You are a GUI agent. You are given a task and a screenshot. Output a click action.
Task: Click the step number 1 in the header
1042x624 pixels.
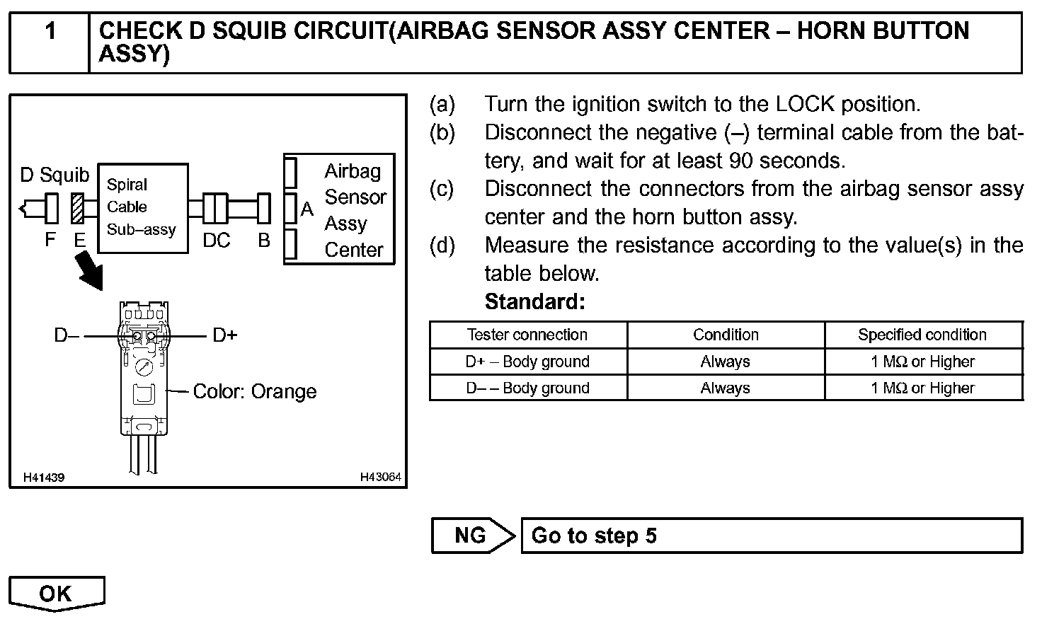[x=50, y=32]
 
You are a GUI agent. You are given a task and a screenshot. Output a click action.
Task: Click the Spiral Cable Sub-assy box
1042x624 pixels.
[x=142, y=208]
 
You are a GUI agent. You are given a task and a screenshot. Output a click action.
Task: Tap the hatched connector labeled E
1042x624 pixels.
[x=77, y=209]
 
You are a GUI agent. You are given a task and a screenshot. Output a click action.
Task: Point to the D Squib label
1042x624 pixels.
[x=55, y=175]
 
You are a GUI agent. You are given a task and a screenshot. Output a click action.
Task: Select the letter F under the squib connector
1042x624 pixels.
[x=50, y=239]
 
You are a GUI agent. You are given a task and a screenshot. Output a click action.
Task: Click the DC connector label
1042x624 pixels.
[x=216, y=241]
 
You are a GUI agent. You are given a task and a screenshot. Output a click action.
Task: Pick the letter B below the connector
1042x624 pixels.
[x=263, y=241]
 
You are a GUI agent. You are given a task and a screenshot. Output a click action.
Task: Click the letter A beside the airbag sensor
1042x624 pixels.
[x=307, y=209]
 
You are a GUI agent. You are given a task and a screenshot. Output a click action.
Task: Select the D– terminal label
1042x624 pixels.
[x=67, y=335]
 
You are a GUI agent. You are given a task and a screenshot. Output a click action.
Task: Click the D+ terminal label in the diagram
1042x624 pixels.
[x=225, y=335]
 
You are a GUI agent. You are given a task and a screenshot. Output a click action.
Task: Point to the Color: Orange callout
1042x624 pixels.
[x=255, y=391]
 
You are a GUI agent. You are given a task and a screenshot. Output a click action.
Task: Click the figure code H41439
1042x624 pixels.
[x=43, y=478]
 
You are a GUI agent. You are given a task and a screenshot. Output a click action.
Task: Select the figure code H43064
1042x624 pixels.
[x=380, y=478]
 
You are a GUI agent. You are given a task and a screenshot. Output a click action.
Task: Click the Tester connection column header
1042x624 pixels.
[x=527, y=335]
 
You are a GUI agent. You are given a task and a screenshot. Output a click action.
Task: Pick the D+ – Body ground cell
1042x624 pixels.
[x=527, y=362]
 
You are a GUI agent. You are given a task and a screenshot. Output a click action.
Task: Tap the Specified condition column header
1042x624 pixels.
[x=922, y=335]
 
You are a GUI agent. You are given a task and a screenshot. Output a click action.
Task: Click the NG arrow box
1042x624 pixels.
[x=473, y=536]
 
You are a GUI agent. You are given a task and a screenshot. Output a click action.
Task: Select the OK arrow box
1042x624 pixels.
[x=57, y=594]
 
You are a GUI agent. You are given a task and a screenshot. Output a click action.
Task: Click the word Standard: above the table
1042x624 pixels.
[x=534, y=302]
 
